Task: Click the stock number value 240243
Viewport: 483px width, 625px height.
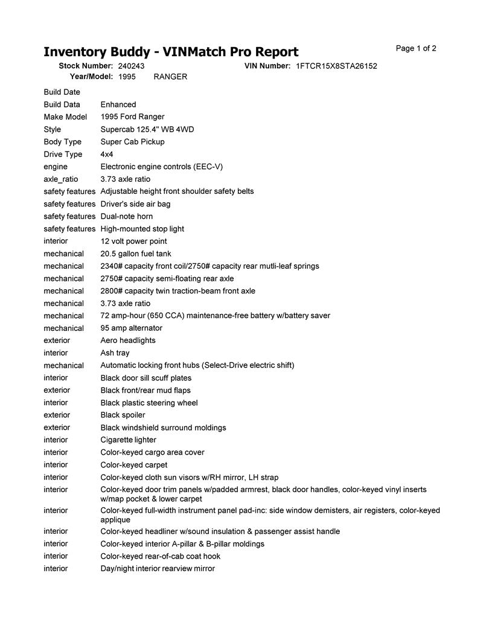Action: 131,66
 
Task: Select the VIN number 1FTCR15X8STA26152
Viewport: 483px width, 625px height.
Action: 336,66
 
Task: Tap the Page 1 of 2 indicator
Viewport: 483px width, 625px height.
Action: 416,48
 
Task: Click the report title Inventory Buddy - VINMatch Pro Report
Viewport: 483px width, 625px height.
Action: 171,52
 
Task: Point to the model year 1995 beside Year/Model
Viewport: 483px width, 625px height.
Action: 127,77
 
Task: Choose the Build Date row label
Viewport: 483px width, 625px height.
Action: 62,92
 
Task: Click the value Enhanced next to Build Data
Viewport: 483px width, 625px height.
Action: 118,104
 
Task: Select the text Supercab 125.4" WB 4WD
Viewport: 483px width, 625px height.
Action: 147,129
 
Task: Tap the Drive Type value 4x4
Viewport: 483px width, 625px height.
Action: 107,154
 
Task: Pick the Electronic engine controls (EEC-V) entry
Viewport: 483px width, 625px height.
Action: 161,167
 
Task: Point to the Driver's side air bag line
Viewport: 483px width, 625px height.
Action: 135,204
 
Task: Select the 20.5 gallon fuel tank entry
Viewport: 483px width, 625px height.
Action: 136,254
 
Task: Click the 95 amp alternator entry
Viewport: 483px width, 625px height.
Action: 131,328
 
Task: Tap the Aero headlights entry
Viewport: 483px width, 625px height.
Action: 127,341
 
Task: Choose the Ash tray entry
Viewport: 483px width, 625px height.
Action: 115,353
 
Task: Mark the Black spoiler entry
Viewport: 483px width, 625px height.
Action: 123,415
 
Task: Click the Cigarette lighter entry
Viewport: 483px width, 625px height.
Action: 128,440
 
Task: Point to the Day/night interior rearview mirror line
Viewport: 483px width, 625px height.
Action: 158,568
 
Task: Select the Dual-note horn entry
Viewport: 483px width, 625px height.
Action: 126,216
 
